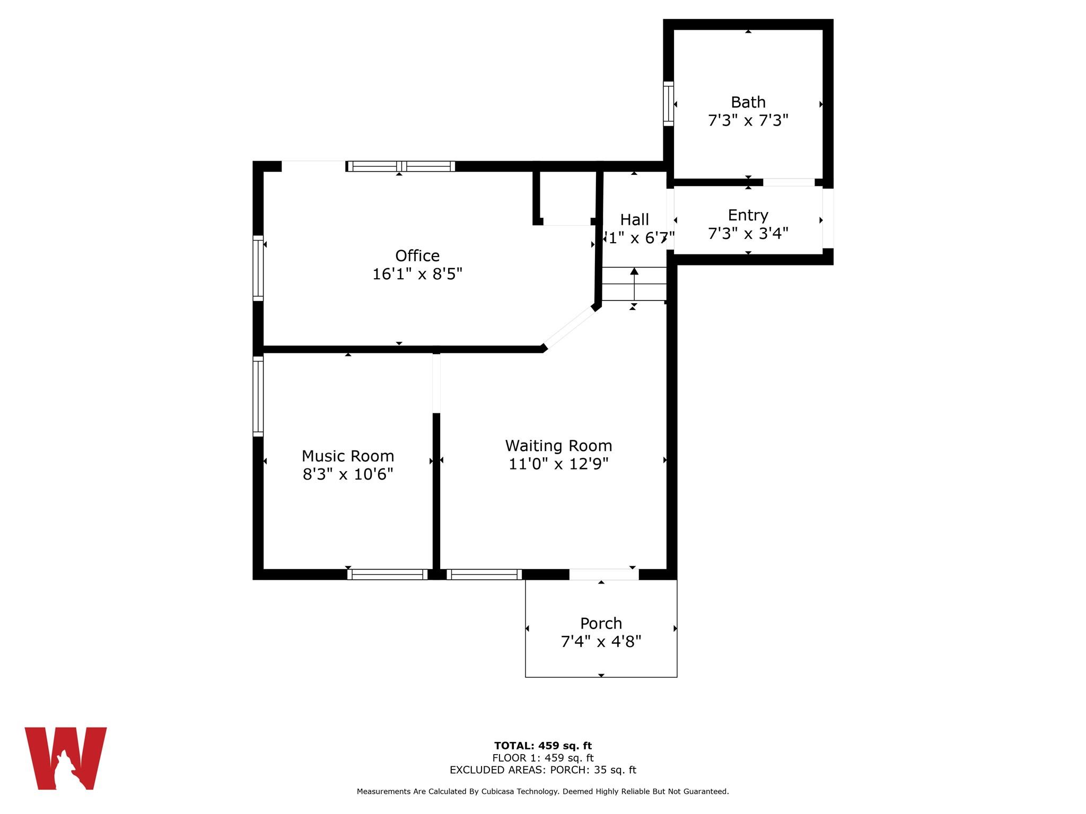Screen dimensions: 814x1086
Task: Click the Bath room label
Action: [x=748, y=102]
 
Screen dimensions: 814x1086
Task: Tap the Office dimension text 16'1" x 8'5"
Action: [x=417, y=274]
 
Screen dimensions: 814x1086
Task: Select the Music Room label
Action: [x=348, y=456]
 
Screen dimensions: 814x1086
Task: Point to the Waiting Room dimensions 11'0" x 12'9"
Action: [x=558, y=464]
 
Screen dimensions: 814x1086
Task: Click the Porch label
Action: [x=601, y=623]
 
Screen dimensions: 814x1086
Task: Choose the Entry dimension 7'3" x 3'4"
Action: [x=748, y=233]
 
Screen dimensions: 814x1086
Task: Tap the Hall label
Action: [x=634, y=219]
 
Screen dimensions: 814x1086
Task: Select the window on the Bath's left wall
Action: [x=669, y=104]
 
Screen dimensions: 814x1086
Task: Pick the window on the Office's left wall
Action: [x=258, y=268]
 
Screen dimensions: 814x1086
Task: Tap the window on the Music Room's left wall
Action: [x=258, y=396]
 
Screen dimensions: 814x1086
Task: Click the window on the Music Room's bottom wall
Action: [x=388, y=574]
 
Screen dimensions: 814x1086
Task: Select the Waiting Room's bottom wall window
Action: [x=484, y=574]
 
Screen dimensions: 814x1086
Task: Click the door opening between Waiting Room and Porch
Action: [x=603, y=574]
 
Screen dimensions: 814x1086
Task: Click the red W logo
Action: [x=66, y=758]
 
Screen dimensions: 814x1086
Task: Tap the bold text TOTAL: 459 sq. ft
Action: [x=542, y=746]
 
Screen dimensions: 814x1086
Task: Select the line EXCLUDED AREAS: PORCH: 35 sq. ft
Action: [x=542, y=770]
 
